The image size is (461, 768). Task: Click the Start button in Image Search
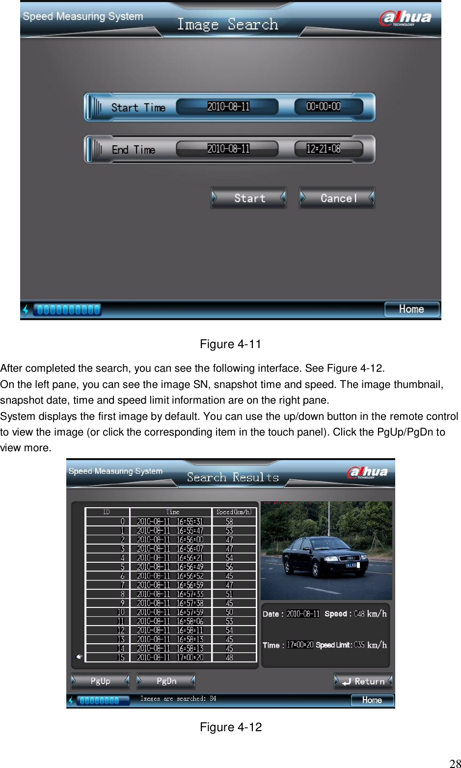click(x=249, y=198)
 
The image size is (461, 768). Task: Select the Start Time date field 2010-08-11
click(x=228, y=107)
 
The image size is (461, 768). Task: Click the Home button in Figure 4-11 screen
click(x=411, y=309)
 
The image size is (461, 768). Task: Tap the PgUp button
click(x=100, y=681)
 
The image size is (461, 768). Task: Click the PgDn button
click(x=166, y=681)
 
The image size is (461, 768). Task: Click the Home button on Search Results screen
click(x=372, y=700)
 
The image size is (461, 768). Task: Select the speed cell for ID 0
click(x=229, y=521)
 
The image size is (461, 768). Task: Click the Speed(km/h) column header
click(x=234, y=512)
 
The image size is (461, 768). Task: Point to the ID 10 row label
click(x=121, y=612)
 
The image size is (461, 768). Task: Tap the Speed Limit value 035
click(x=359, y=645)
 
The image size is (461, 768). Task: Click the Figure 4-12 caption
click(x=231, y=727)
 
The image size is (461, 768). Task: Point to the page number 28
click(x=455, y=763)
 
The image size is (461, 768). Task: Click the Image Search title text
click(x=227, y=24)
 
